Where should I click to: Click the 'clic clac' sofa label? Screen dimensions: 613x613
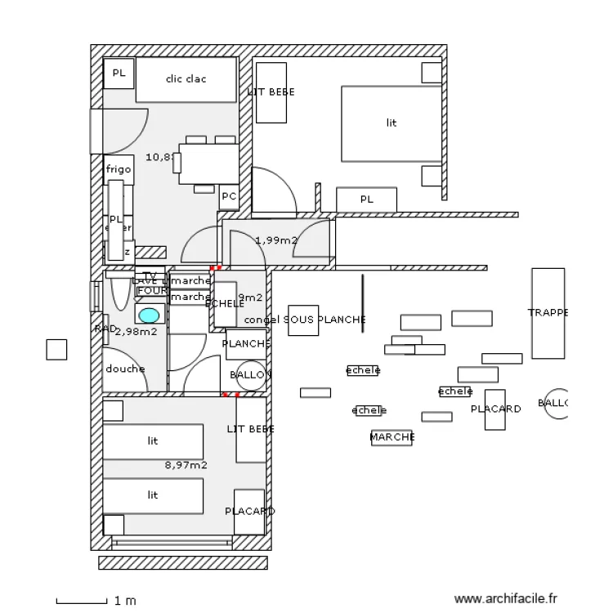tap(186, 79)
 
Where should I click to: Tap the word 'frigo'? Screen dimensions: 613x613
tap(119, 169)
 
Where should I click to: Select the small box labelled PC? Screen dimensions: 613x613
tap(229, 197)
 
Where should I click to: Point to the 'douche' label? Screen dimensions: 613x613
tap(125, 369)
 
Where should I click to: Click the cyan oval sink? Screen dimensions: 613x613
tap(149, 315)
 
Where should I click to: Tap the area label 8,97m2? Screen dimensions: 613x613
tap(186, 465)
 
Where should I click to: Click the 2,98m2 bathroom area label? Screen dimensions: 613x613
tap(136, 332)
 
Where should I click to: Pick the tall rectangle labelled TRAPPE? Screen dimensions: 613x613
tap(548, 313)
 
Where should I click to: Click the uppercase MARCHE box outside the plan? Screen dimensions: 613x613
tap(392, 437)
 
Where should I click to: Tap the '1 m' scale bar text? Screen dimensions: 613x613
tap(125, 601)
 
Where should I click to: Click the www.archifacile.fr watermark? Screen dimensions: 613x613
tap(506, 599)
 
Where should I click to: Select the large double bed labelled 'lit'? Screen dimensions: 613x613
tap(391, 123)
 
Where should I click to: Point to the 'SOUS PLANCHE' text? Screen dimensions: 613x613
tap(324, 320)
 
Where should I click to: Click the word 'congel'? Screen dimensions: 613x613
tap(262, 320)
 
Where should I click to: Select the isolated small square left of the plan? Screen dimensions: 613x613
tap(56, 349)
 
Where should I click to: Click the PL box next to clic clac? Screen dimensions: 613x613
tap(119, 74)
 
